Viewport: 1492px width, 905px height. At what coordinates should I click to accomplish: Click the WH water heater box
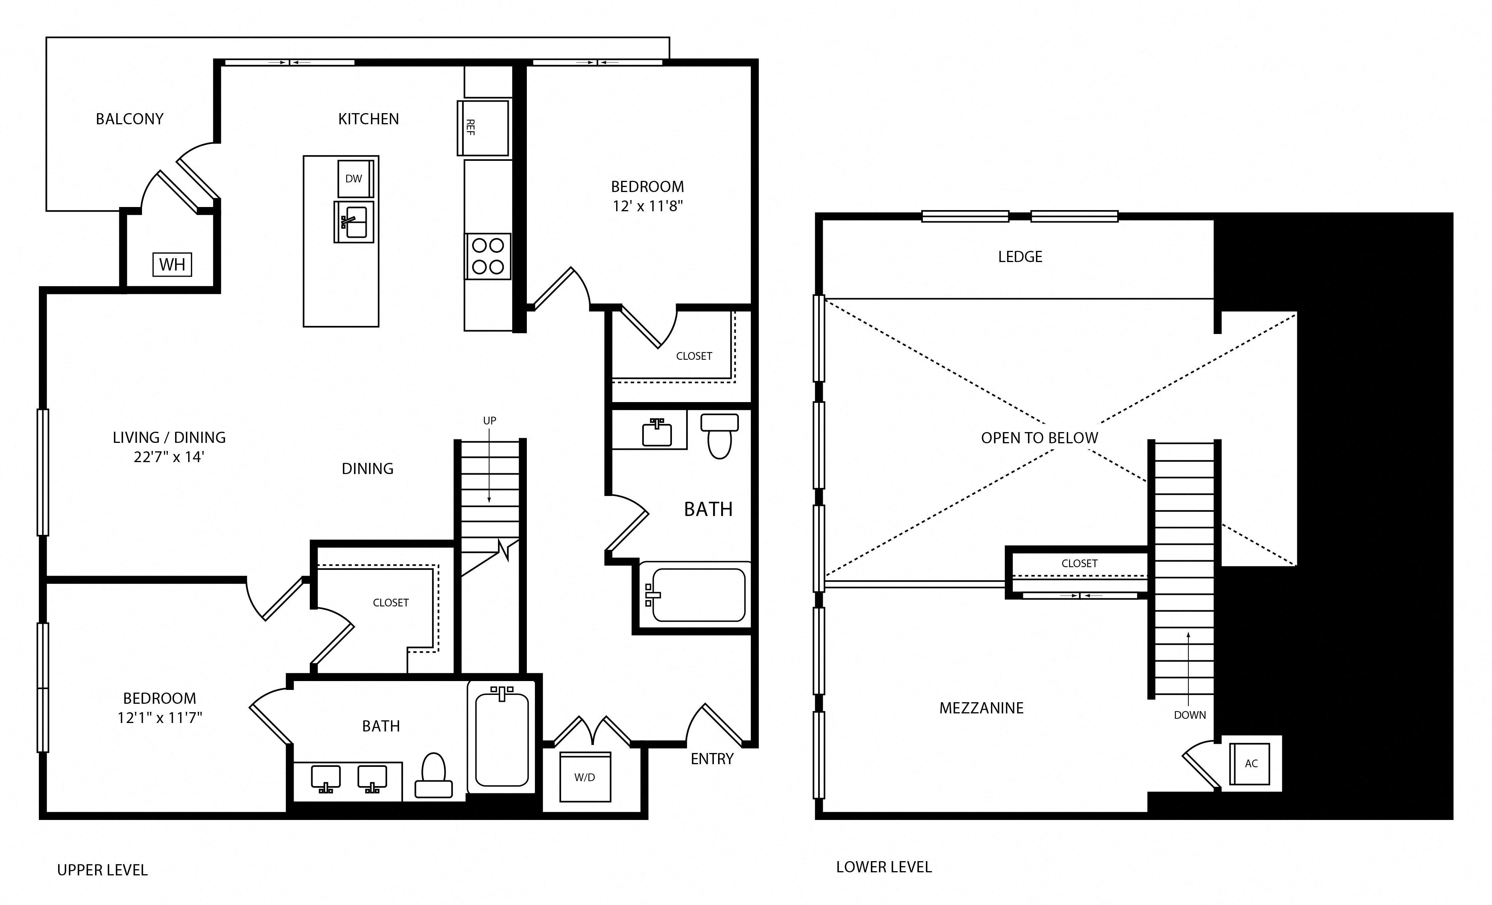pos(172,265)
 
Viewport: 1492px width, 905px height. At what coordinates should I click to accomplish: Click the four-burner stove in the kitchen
pos(488,256)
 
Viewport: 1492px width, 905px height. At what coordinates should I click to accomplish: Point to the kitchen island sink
pos(354,222)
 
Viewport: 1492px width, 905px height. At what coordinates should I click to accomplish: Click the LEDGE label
pos(1020,257)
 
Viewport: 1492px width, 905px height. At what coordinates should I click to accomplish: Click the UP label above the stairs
pos(489,421)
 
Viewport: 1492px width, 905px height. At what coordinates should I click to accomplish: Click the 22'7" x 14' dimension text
pos(169,457)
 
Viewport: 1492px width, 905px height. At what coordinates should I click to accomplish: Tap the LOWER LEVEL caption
pos(884,867)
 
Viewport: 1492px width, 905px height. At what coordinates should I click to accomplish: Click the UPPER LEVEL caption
pos(102,870)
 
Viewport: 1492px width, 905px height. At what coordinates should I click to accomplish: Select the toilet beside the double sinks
pos(434,775)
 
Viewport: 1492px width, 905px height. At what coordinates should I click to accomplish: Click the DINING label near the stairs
pos(368,469)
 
